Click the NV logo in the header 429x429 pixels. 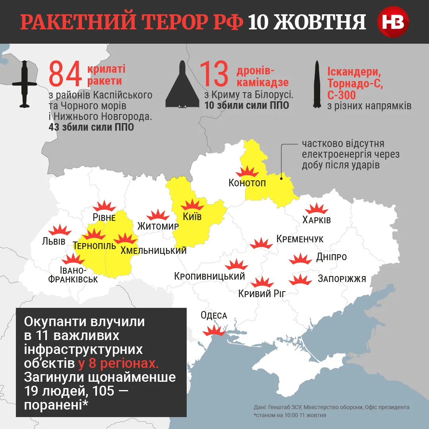[x=393, y=22]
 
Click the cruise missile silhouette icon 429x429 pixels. [x=25, y=84]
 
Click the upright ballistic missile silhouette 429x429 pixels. [x=317, y=85]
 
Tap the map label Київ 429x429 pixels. [x=192, y=217]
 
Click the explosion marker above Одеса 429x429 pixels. [x=214, y=330]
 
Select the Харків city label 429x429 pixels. [x=317, y=220]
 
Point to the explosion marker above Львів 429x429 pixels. [x=60, y=230]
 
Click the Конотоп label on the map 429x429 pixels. [x=247, y=183]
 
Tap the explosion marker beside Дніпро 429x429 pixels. [x=300, y=259]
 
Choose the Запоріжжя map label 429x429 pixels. [x=342, y=278]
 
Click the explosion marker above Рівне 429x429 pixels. [x=104, y=207]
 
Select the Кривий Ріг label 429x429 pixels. [x=262, y=294]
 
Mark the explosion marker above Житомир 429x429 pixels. [x=158, y=215]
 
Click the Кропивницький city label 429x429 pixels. [x=209, y=276]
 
